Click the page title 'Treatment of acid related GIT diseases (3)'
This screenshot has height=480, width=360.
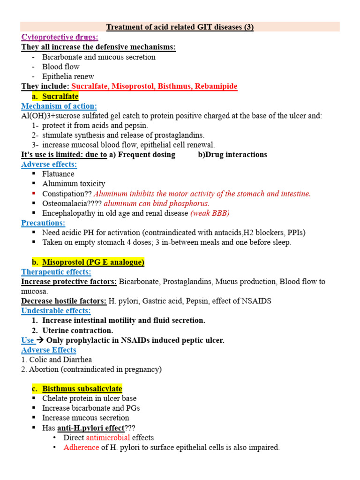point(180,27)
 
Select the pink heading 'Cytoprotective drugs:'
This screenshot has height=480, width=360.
point(60,37)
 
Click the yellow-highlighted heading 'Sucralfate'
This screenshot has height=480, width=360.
point(60,97)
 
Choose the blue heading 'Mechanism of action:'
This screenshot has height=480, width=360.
point(59,106)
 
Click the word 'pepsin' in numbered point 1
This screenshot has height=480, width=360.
point(138,126)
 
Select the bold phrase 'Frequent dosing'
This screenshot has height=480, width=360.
point(146,155)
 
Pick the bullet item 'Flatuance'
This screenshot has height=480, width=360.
point(58,174)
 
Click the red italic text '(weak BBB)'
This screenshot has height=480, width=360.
point(210,213)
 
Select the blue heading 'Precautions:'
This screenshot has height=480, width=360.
point(43,223)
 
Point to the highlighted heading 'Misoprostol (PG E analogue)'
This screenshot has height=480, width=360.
point(93,262)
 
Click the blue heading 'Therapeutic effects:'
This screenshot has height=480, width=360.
point(56,272)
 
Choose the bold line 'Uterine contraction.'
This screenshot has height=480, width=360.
point(77,330)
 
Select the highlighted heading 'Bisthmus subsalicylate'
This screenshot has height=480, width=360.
point(82,389)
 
